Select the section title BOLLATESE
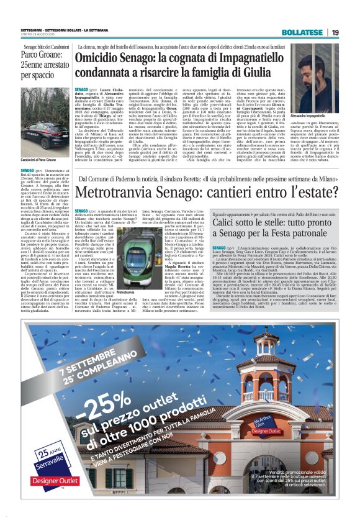(300, 32)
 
